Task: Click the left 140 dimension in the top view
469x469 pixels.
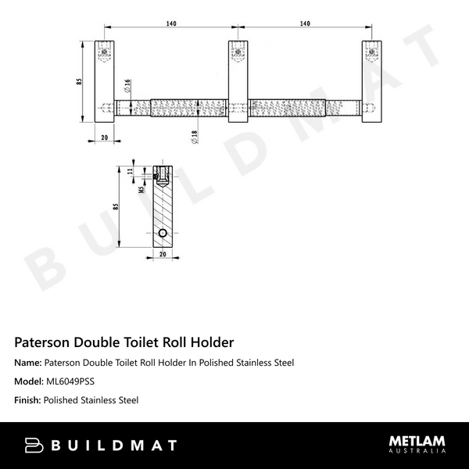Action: point(170,24)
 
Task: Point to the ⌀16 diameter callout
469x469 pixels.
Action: point(127,85)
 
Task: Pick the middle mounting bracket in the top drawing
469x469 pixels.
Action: point(239,82)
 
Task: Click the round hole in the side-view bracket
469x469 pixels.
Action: point(162,234)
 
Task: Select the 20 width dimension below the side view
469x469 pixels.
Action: point(162,255)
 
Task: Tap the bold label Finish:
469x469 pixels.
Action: point(28,400)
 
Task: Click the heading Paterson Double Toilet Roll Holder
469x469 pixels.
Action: point(124,342)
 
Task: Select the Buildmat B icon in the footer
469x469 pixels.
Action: point(35,446)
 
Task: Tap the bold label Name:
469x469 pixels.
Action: point(28,363)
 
